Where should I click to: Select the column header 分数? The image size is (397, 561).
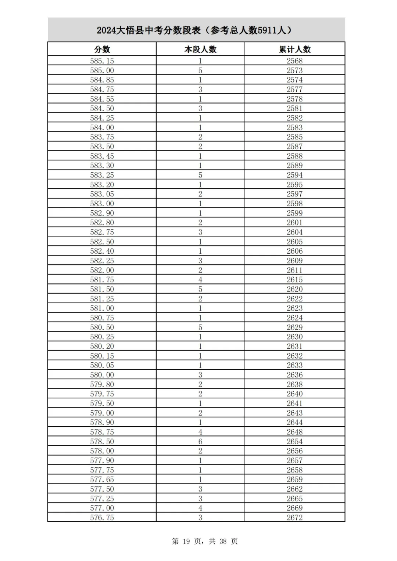point(102,49)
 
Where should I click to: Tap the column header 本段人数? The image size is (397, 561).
point(200,49)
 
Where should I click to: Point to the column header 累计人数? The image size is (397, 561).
point(294,49)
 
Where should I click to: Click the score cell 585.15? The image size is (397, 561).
point(102,61)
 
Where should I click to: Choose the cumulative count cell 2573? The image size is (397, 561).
point(294,70)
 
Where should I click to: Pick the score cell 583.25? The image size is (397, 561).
point(102,175)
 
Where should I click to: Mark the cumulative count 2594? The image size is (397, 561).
point(294,175)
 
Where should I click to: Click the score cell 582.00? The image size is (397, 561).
point(102,270)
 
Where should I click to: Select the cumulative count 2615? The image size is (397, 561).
point(294,280)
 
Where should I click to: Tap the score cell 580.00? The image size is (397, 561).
point(102,375)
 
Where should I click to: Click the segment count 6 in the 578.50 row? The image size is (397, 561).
point(200,441)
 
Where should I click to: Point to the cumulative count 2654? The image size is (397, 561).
point(294,441)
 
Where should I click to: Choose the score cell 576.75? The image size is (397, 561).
point(102,518)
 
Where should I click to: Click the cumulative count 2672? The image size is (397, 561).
point(294,518)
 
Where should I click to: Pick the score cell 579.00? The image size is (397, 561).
point(102,413)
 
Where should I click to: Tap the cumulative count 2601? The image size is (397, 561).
point(294,222)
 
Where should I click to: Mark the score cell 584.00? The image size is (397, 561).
point(102,127)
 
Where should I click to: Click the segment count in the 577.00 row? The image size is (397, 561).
point(200,508)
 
